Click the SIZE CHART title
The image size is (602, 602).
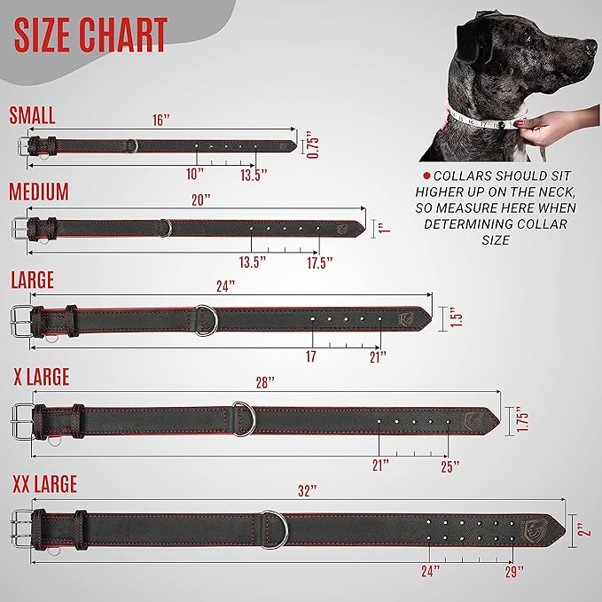tap(90, 35)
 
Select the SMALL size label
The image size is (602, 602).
tap(32, 115)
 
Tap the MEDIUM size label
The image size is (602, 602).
tap(38, 192)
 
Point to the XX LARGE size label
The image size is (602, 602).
tap(44, 484)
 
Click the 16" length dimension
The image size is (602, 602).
tap(160, 119)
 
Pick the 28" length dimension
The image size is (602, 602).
tap(265, 381)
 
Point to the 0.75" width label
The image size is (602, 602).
tap(310, 145)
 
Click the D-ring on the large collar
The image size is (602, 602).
tap(205, 319)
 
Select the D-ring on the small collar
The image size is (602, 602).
tap(132, 145)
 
